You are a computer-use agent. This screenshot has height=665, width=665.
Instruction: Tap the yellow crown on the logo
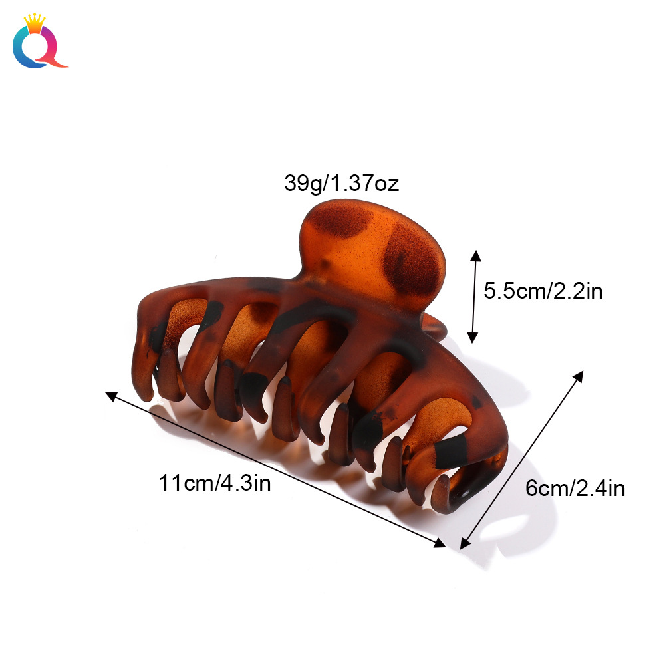tap(35, 21)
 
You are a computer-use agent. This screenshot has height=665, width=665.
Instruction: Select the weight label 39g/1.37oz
tap(341, 184)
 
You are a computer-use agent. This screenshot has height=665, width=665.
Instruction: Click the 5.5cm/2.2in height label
tap(543, 291)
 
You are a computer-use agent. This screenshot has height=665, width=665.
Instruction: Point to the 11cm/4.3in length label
tap(215, 483)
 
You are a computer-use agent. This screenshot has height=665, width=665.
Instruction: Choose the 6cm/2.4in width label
tap(575, 488)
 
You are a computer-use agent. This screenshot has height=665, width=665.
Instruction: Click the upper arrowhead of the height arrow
tap(476, 255)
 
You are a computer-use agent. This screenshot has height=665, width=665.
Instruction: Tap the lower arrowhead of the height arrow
tap(472, 338)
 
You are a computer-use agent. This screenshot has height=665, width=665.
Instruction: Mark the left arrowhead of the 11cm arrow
tap(112, 396)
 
